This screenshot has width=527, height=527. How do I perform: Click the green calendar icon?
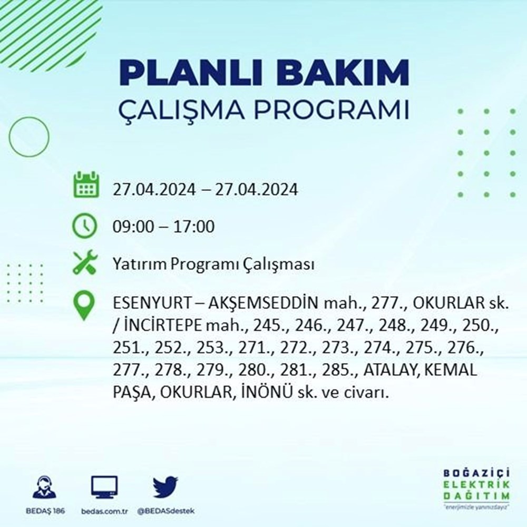click(x=86, y=184)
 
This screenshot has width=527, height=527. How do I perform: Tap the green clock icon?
click(x=85, y=226)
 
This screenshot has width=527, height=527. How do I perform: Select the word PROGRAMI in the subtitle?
click(x=331, y=110)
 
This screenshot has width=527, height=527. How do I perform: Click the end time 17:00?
click(x=194, y=226)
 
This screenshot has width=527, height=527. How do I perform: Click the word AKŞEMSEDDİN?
click(x=263, y=303)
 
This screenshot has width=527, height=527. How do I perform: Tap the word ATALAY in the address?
click(x=392, y=370)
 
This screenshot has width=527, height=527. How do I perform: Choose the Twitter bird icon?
click(x=165, y=486)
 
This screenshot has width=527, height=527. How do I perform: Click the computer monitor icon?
click(x=104, y=487)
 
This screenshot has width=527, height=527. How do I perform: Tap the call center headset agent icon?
click(x=45, y=486)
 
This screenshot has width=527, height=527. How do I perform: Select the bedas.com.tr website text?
click(x=104, y=511)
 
